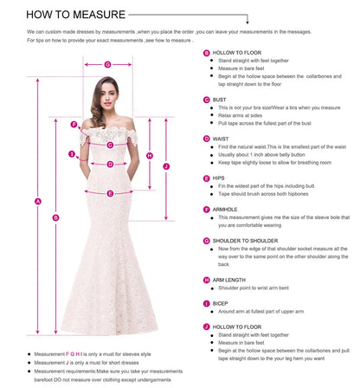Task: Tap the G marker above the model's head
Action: [x=107, y=63]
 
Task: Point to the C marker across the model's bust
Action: [x=111, y=144]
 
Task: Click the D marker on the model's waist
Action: [x=110, y=164]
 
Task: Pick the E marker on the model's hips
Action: [x=111, y=193]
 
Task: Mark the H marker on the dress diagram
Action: [x=150, y=156]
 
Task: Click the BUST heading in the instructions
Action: [x=220, y=100]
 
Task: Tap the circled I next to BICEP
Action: [x=206, y=304]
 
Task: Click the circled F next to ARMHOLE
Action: [x=206, y=209]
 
